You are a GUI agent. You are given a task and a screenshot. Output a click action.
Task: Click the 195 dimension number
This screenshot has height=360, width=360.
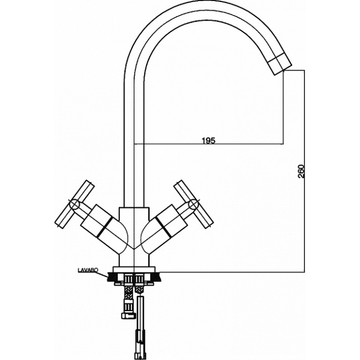(209, 140)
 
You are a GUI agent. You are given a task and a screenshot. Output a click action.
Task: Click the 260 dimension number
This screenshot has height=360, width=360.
(301, 171)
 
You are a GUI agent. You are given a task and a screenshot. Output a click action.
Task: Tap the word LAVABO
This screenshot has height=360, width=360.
(88, 271)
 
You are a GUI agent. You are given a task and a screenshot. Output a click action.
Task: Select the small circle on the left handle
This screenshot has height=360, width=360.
(75, 204)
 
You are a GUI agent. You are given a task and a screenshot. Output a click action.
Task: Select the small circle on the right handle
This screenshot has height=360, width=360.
(193, 204)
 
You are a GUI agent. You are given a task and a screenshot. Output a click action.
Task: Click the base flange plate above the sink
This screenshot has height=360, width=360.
(134, 269)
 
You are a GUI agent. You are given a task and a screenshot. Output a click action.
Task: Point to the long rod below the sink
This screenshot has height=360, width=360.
(140, 326)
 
